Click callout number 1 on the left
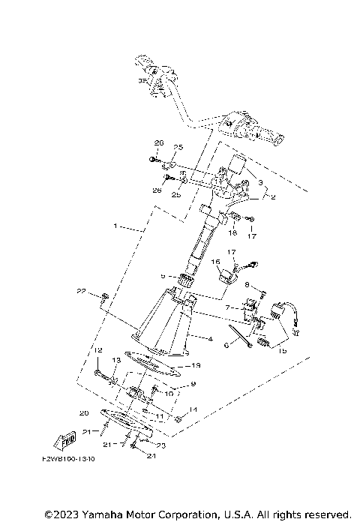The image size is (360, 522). coord(115,225)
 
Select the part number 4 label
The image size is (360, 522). coord(210,339)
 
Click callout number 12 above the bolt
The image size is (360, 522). coord(97,351)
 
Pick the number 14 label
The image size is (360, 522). coord(193,409)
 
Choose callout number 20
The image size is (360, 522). coord(84,412)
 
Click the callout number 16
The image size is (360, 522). coord(214,262)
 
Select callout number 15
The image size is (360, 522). coord(282,350)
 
